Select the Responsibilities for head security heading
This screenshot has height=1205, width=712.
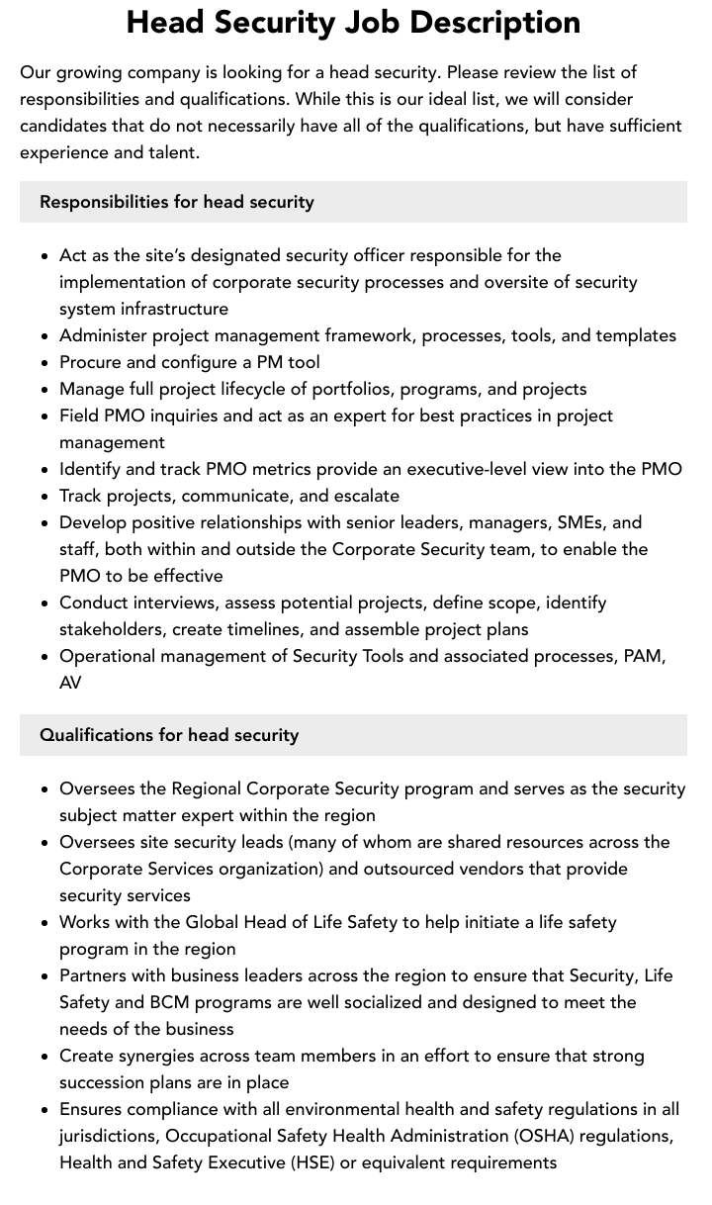tap(177, 202)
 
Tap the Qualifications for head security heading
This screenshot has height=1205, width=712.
tap(169, 735)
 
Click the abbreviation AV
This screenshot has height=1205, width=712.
tap(70, 683)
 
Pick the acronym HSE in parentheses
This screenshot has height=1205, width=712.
tap(311, 1162)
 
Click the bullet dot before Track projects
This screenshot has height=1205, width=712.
tap(45, 497)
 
